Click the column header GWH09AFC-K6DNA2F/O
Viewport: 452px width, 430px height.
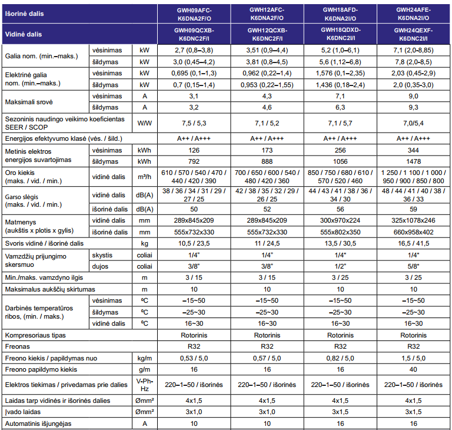(x=194, y=14)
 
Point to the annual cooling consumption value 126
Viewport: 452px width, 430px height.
(x=194, y=150)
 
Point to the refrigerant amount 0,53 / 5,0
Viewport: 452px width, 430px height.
(x=194, y=358)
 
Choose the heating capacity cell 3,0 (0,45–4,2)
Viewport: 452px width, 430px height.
(x=194, y=62)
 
